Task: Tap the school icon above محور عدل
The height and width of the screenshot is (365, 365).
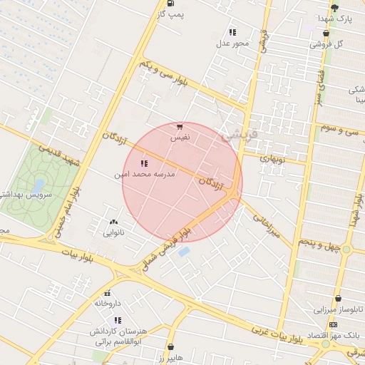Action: [232, 32]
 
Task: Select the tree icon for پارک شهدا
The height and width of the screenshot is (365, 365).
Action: [334, 7]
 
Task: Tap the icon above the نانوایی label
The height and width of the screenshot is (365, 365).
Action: [114, 222]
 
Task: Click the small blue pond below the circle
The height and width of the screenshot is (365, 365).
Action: [185, 252]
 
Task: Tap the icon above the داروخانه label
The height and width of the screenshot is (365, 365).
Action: [108, 293]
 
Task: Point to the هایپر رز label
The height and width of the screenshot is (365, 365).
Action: [170, 356]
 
